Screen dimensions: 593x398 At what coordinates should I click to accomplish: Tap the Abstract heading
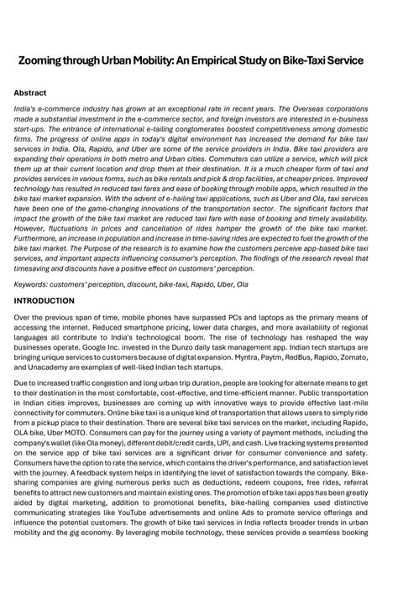point(30,92)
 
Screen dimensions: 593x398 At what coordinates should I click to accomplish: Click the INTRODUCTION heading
point(44,300)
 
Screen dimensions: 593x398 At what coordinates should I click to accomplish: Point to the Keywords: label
point(34,284)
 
